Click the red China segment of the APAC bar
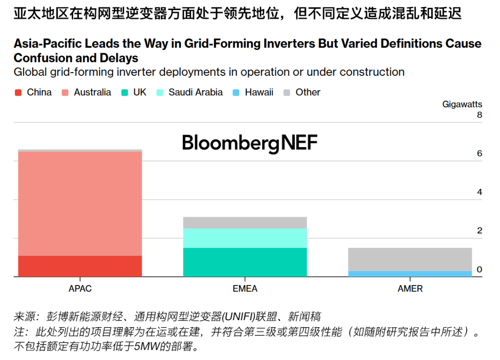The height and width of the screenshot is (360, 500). [x=80, y=266]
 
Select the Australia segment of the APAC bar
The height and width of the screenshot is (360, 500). [x=80, y=204]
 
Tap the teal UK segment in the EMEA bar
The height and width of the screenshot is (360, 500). [x=245, y=262]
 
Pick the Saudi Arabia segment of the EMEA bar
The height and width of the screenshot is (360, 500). [x=245, y=238]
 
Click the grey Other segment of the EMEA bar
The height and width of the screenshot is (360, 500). [x=245, y=223]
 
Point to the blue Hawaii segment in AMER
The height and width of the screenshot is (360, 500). [x=410, y=274]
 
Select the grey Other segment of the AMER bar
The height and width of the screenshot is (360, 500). [x=410, y=259]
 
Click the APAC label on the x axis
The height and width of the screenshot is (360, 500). [x=80, y=288]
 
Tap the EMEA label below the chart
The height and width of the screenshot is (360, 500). [x=245, y=288]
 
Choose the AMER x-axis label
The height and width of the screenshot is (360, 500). [x=410, y=288]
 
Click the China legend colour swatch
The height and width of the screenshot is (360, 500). [x=19, y=93]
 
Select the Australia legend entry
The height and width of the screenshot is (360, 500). [x=92, y=92]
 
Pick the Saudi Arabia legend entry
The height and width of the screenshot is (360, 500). [x=195, y=92]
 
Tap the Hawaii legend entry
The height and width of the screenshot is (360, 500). [x=259, y=92]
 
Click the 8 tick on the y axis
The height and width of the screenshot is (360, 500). [x=479, y=115]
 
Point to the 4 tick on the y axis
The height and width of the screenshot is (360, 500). [x=479, y=192]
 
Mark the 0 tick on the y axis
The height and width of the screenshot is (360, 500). [x=479, y=269]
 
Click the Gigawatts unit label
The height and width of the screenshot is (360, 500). [x=462, y=104]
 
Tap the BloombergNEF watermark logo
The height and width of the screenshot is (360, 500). [x=250, y=143]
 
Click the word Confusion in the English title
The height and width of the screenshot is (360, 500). [x=41, y=58]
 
